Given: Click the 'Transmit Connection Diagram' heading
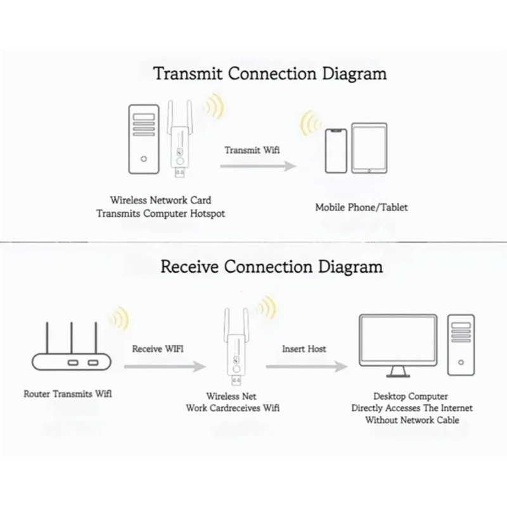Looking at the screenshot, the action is [x=270, y=74].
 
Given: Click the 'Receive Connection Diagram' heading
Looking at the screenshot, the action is [x=272, y=267].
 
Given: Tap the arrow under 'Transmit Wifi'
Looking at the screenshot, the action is [x=258, y=166].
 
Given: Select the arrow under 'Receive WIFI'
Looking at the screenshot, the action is [x=165, y=366].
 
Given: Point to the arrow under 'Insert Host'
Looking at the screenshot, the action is [x=307, y=366].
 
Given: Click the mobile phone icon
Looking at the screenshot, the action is [x=336, y=151].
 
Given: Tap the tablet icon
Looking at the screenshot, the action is [x=369, y=148].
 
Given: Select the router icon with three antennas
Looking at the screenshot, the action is [x=72, y=346].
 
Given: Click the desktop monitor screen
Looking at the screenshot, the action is [x=398, y=341].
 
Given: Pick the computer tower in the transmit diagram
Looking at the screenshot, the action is [x=144, y=139].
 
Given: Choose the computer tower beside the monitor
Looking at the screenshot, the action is [x=461, y=345].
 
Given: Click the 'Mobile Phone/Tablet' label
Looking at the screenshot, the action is [x=361, y=207].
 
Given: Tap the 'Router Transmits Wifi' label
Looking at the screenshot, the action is [x=68, y=394].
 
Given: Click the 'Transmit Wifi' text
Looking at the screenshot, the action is [x=252, y=150].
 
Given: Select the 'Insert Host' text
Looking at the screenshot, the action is [x=304, y=349].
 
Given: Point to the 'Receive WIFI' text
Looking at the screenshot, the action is [x=158, y=349].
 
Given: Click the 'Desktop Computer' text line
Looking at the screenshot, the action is [x=411, y=397].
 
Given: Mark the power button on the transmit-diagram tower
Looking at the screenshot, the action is [x=144, y=159].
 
